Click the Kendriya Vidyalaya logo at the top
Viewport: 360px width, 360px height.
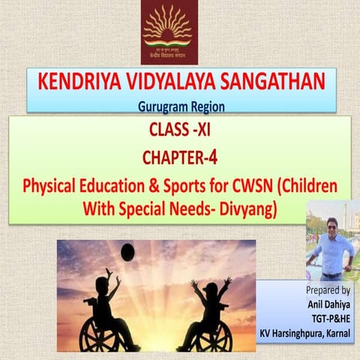[177, 32]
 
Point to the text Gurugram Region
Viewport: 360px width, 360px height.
[181, 106]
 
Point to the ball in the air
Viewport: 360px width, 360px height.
[127, 253]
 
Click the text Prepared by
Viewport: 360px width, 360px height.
[328, 289]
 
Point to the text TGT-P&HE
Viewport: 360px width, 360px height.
[330, 316]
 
